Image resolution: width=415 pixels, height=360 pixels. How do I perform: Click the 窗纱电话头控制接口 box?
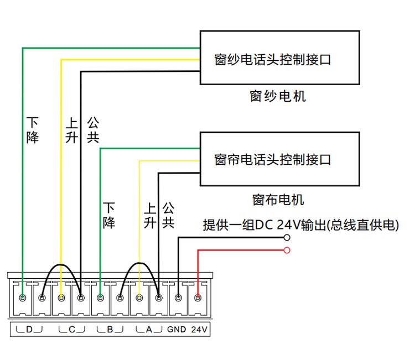click(x=281, y=58)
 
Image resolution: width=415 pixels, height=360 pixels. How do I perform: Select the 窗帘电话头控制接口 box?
click(x=281, y=159)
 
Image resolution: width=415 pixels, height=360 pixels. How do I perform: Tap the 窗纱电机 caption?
click(x=278, y=97)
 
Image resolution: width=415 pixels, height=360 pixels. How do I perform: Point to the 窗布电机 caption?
click(x=278, y=199)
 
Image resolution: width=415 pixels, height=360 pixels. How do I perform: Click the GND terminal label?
click(x=177, y=330)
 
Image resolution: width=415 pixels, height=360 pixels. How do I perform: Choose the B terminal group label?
click(x=110, y=330)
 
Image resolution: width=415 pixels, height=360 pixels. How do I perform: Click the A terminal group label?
click(x=148, y=330)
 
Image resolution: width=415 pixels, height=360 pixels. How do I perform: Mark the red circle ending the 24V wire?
click(x=287, y=251)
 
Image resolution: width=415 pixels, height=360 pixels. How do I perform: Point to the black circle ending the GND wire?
click(x=287, y=238)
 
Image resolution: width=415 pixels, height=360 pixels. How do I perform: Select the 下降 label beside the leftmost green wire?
click(x=33, y=131)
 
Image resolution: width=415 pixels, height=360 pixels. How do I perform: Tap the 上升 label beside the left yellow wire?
click(x=71, y=131)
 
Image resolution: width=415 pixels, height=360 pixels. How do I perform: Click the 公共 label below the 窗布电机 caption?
click(x=169, y=216)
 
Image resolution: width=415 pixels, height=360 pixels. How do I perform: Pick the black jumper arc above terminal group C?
click(x=61, y=266)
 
